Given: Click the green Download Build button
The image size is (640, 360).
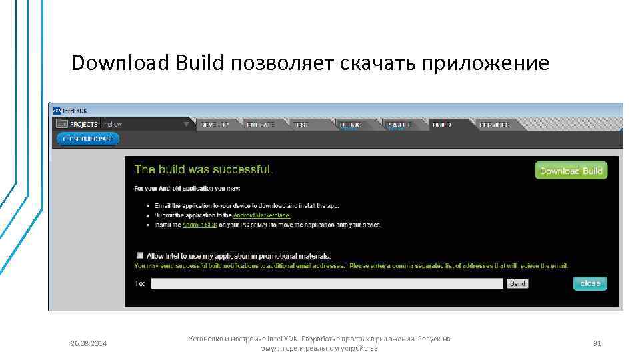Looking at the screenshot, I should coord(571,171).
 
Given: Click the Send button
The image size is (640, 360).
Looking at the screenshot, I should coord(517,283).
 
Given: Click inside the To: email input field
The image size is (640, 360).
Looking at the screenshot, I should coord(327,283).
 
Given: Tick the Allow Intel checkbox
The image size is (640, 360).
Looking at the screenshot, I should coord(140,255).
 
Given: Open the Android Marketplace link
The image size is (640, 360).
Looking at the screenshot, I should coord(262,215).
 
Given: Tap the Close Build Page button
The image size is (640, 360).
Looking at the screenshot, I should coord(88,139).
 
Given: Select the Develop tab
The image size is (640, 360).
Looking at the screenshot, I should coord(214,124).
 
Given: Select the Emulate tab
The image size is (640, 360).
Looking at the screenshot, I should coord(260,124).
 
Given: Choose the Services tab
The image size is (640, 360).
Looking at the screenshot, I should coord(494,124).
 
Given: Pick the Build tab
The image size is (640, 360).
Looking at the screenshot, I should coord(441,124).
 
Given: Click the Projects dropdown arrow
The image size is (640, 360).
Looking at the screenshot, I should coord(186,124).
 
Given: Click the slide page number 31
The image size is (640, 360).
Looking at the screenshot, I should coord(597,343).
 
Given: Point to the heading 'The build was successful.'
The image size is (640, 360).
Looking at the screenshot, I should coord(203,169).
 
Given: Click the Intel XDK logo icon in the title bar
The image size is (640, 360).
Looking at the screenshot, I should coord(57,111).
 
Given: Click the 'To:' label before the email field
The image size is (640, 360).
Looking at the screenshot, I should coord(140,283).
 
